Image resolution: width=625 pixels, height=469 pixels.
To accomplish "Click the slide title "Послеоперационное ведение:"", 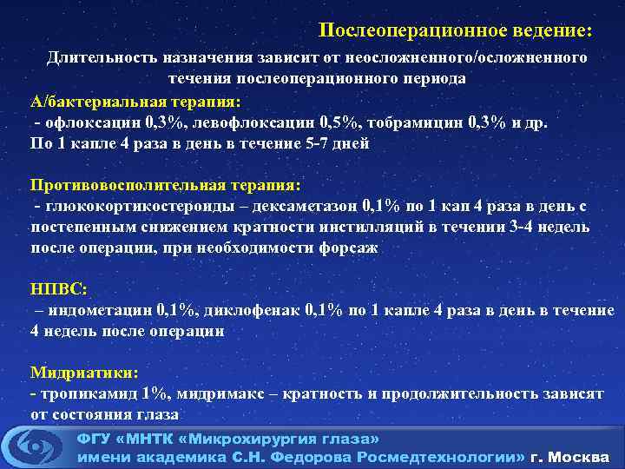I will pos(456,30).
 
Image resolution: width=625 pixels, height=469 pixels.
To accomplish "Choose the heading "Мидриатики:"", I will pos(84,373).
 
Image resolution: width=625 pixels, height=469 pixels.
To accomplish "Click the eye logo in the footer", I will pos(36,446).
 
